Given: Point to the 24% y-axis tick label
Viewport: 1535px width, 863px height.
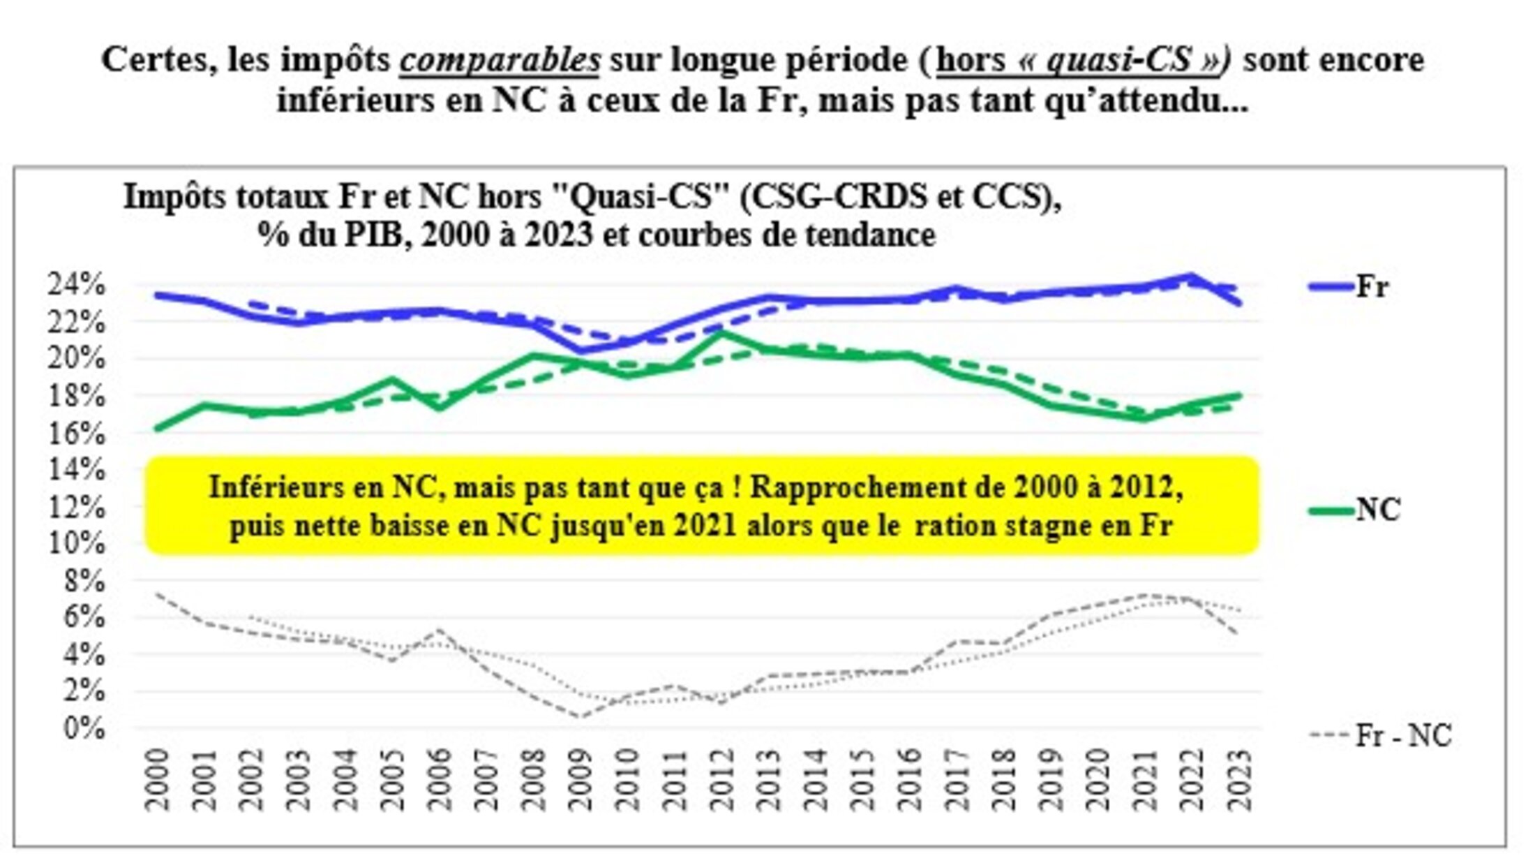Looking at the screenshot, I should click(76, 285).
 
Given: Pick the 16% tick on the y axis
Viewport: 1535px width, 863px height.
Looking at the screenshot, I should click(76, 433).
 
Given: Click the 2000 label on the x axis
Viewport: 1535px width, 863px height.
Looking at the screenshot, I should click(158, 780).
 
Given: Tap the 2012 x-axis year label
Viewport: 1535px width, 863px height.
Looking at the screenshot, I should click(723, 780).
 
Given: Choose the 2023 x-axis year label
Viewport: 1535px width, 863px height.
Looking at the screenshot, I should click(1240, 780).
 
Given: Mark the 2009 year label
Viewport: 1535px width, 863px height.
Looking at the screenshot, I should click(581, 780).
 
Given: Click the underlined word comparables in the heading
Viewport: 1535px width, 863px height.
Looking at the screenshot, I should click(500, 60).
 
